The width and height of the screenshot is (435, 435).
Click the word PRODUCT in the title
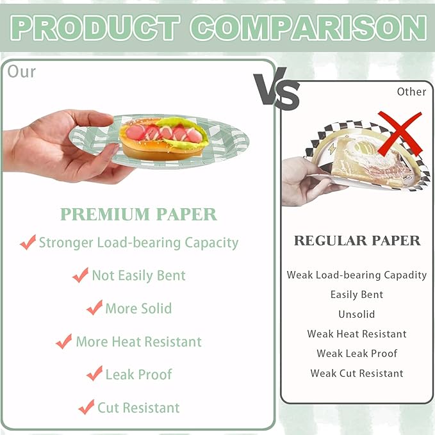(95, 28)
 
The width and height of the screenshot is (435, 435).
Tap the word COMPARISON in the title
(308, 28)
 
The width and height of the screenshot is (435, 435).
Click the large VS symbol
(277, 89)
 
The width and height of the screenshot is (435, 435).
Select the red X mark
(400, 134)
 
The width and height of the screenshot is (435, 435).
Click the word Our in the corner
(22, 72)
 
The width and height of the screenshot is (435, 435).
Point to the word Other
(411, 92)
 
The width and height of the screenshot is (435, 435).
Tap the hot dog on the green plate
(163, 139)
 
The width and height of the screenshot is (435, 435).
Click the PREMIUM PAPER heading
(138, 214)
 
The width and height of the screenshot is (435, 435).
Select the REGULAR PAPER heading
(357, 240)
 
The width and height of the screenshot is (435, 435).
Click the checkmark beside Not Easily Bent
(81, 275)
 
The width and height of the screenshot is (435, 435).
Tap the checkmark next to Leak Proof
(94, 373)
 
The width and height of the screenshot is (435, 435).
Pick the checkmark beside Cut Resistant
(86, 407)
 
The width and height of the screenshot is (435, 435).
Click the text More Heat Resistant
(139, 341)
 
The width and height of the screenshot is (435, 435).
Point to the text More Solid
(139, 309)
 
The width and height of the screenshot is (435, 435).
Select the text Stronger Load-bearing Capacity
(139, 243)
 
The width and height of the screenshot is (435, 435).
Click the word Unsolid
(357, 315)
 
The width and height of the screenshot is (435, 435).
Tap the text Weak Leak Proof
(357, 354)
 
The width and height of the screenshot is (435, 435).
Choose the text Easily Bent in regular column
(357, 295)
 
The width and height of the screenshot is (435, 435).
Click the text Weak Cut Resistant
(357, 373)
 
